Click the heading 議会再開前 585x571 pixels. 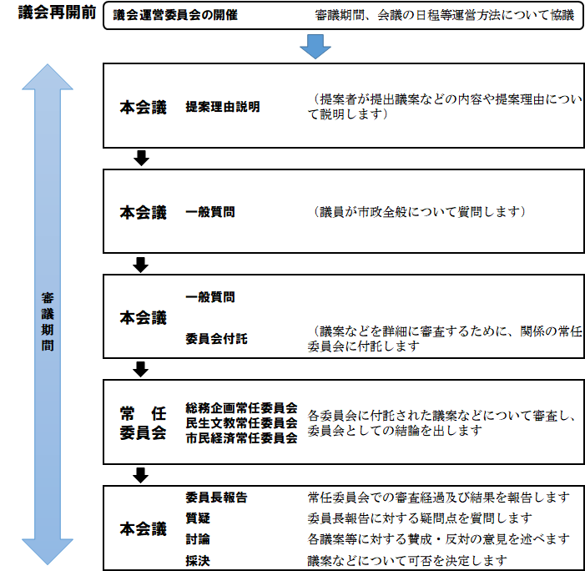click(57, 13)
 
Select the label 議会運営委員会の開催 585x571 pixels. click(175, 15)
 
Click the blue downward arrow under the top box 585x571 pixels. click(315, 47)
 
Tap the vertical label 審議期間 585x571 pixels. click(48, 321)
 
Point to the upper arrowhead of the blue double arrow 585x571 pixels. click(48, 77)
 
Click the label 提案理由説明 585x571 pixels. click(223, 107)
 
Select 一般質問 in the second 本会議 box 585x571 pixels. click(210, 212)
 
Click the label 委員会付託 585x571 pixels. click(216, 338)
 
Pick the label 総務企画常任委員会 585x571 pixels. click(241, 407)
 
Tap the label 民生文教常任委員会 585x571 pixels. click(241, 422)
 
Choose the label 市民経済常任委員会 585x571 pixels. click(241, 437)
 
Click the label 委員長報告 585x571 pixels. click(216, 497)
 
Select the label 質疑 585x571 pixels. click(198, 518)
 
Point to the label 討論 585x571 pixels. click(198, 539)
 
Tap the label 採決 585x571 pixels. click(198, 560)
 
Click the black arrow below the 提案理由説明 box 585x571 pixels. click(141, 158)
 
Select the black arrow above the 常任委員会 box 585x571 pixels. click(141, 369)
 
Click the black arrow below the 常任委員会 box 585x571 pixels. click(141, 475)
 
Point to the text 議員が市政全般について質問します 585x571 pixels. click(420, 212)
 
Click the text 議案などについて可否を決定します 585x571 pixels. click(407, 560)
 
